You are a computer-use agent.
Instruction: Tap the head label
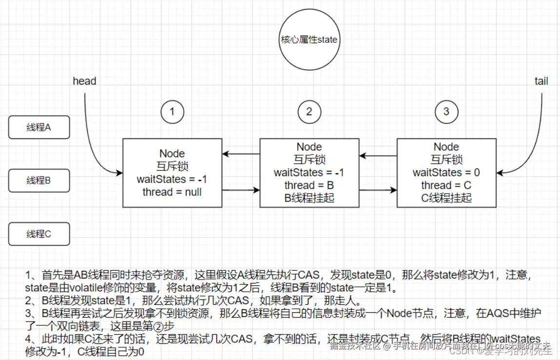coord(84,81)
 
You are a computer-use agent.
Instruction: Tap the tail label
coord(541,81)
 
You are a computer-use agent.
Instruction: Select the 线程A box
coord(39,128)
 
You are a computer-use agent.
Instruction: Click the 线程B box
coord(39,181)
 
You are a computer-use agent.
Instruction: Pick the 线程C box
coord(39,234)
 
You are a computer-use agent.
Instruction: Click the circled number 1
coord(172,112)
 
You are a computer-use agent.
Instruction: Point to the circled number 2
coord(309,112)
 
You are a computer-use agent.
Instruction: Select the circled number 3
coord(446,112)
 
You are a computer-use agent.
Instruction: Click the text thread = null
coord(172,192)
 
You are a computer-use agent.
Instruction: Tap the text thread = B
coord(309,185)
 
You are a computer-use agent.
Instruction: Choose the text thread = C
coord(446,185)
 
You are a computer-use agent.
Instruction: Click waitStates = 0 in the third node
coord(446,173)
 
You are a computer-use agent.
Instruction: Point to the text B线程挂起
coord(309,198)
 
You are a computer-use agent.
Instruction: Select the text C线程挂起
coord(446,198)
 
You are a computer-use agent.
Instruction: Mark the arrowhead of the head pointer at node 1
coord(119,173)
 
